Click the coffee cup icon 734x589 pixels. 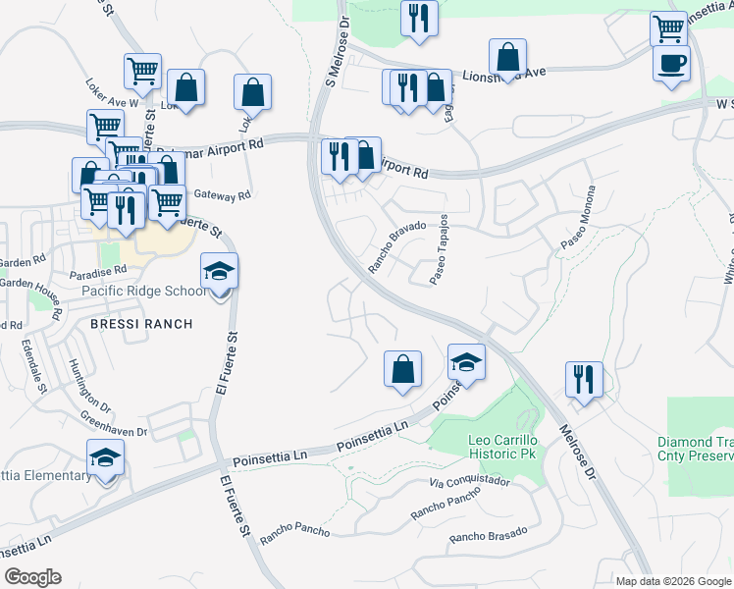[671, 63]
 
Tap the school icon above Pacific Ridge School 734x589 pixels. [219, 270]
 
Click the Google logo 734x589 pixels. [31, 577]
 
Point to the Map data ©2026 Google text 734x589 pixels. [673, 581]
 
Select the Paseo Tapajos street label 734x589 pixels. [440, 249]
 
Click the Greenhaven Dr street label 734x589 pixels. [114, 424]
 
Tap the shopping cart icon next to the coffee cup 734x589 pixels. [668, 28]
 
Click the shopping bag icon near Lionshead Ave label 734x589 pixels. [507, 56]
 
